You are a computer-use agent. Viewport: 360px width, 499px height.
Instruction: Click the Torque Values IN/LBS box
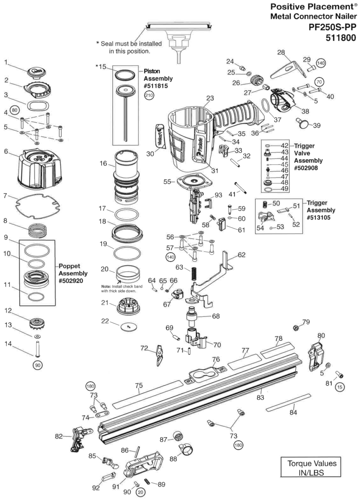tap(312, 467)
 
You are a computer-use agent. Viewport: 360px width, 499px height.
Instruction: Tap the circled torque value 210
tap(149, 96)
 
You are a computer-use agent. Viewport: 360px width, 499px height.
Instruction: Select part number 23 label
tap(210, 98)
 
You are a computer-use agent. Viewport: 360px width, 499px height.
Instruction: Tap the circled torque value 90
tap(38, 365)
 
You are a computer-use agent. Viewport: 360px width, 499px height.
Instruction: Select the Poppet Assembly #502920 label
tap(73, 274)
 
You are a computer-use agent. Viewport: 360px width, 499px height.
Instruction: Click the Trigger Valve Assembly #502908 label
tap(308, 157)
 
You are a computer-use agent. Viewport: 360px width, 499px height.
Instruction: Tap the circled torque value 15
tap(340, 387)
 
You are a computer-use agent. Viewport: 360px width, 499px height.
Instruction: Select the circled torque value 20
tap(140, 492)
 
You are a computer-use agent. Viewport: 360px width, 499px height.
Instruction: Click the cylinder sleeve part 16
tap(126, 177)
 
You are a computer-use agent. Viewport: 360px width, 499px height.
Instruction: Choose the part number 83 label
tap(260, 398)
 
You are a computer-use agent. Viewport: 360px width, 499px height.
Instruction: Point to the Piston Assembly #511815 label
tap(158, 79)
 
